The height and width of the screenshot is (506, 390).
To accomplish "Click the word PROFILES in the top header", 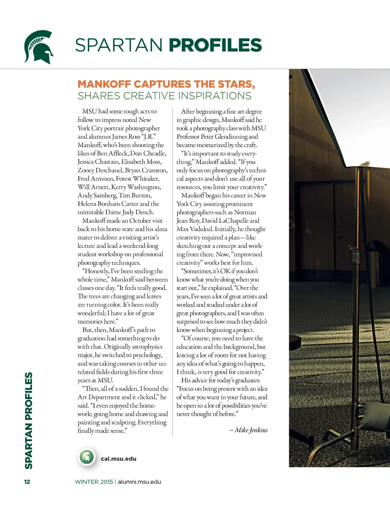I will (x=215, y=45).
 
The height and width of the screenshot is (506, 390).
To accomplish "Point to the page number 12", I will (x=27, y=482).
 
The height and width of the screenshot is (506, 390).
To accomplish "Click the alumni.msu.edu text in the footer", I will (x=139, y=482).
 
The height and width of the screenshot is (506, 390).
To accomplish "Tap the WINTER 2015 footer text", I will (x=94, y=482).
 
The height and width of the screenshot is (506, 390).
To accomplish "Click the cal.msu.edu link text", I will (x=118, y=459).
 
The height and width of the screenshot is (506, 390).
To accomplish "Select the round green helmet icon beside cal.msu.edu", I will (x=87, y=457).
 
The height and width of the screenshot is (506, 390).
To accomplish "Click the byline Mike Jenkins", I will (x=251, y=430).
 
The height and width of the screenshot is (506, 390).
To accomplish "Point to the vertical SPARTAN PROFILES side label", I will (x=29, y=420).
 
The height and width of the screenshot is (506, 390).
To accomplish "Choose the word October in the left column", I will (x=140, y=220).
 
